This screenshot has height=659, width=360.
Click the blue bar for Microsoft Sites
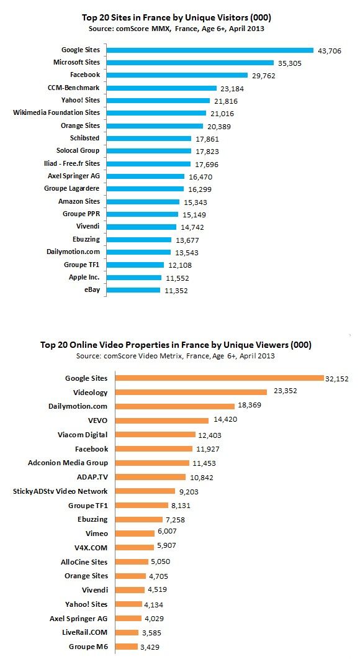[190, 63]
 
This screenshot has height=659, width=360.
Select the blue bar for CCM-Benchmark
[161, 88]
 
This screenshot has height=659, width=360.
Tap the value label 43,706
[330, 52]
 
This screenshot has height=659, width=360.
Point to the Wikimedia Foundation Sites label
[56, 112]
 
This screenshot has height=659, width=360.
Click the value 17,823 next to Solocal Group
[207, 152]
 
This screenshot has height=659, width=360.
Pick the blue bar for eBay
[133, 290]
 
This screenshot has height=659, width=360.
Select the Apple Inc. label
[84, 278]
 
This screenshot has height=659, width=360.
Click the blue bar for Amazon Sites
[143, 202]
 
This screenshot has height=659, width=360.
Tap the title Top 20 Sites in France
[176, 17]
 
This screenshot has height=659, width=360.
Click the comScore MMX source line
[176, 29]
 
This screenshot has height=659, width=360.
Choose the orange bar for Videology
[191, 392]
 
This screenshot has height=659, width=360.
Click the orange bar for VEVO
[162, 420]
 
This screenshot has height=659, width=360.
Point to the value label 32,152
[336, 378]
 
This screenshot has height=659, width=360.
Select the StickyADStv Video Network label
[60, 491]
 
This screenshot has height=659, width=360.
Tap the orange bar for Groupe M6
[127, 647]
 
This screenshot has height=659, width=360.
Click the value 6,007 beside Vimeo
[167, 531]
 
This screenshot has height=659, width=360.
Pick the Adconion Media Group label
[68, 463]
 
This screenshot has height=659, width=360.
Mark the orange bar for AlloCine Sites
[132, 561]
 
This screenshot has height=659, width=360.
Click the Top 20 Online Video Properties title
[176, 345]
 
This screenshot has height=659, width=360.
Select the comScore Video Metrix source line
[176, 356]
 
